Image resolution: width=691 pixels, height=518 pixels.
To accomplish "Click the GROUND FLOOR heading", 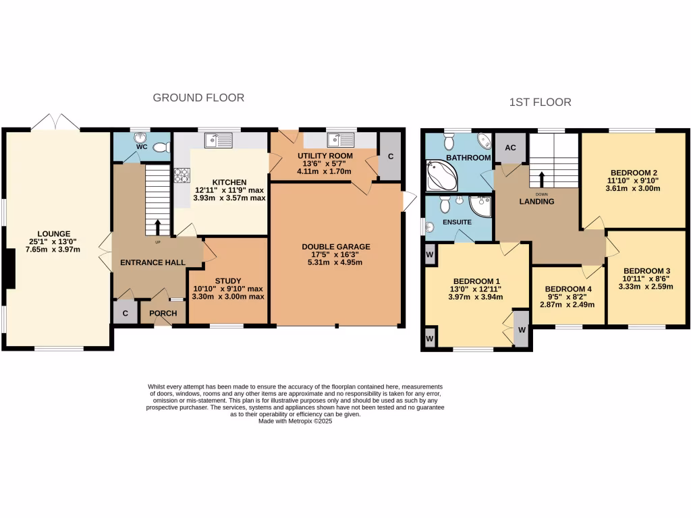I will click(x=198, y=98).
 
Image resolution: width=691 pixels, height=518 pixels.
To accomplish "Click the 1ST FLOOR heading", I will click(x=540, y=103).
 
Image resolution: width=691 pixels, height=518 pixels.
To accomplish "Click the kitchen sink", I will click(x=219, y=140).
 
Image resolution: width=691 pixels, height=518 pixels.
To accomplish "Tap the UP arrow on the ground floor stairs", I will click(x=158, y=227).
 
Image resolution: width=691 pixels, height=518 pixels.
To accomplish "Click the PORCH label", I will click(x=163, y=313).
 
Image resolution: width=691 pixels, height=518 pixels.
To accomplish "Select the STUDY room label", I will click(x=228, y=281).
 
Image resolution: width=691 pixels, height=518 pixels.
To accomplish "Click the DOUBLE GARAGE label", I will click(x=336, y=246).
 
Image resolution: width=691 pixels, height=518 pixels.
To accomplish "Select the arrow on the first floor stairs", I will click(x=541, y=179).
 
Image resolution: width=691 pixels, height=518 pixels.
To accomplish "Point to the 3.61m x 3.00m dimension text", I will click(x=632, y=189).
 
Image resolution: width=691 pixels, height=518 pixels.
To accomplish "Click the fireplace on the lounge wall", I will click(x=9, y=270).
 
